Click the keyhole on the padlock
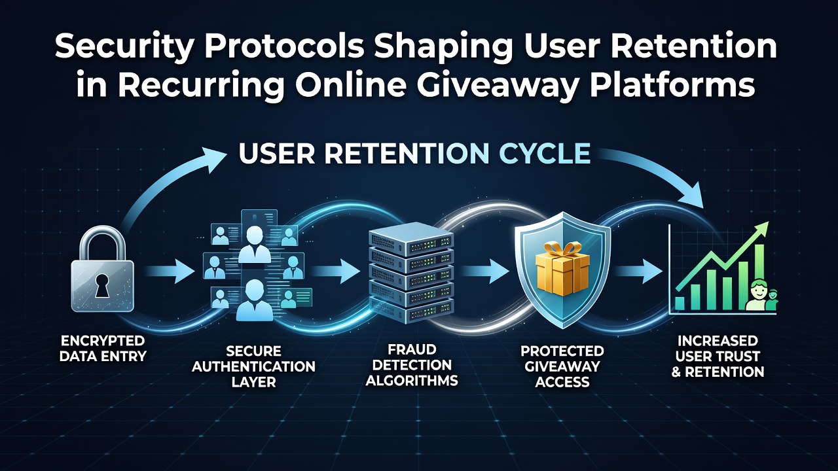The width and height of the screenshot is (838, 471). pos(101,285)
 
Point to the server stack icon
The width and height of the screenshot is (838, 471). pos(411,273)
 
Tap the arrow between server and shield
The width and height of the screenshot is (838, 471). pos(484,271)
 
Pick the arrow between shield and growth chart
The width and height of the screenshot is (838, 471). pos(638,271)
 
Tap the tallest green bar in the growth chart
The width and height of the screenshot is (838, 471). pos(759,277)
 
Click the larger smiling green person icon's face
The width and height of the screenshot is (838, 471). pos(757,289)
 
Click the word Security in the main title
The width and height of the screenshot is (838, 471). pos(122,46)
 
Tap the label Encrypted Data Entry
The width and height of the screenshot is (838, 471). pos(103,349)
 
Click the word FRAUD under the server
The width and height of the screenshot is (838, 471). pos(412,349)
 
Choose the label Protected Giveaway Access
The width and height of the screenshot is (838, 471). pos(562,366)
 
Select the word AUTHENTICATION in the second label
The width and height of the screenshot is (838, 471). pos(253,367)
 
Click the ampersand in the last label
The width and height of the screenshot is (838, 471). pos(676,372)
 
